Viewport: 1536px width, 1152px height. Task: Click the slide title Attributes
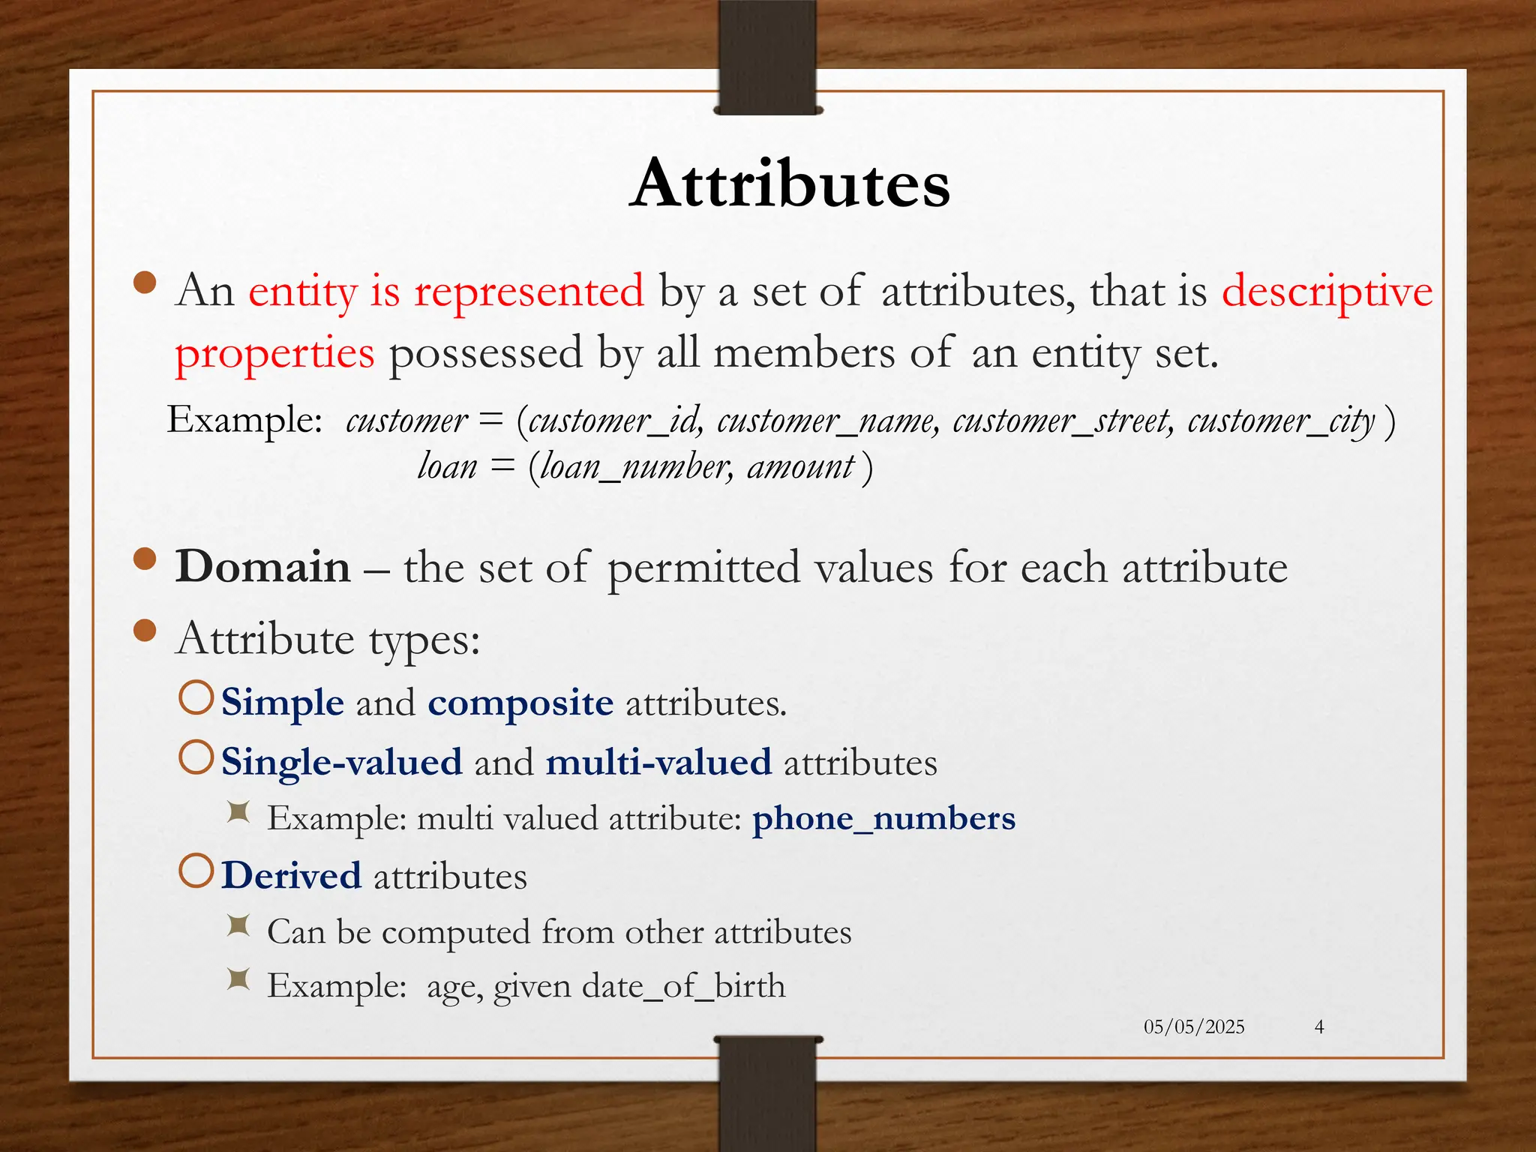[x=790, y=184]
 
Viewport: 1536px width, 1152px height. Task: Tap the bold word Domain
[x=262, y=567]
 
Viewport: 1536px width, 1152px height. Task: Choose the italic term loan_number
[x=634, y=467]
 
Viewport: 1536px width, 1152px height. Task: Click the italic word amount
[x=801, y=467]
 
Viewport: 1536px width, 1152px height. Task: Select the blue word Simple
[x=283, y=703]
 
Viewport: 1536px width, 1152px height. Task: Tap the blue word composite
[x=520, y=703]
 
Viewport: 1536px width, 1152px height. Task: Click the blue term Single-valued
[x=342, y=763]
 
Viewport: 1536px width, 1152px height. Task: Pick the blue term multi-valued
[x=658, y=763]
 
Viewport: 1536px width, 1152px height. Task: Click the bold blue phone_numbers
[x=883, y=818]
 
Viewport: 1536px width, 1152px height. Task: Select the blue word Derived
[x=292, y=876]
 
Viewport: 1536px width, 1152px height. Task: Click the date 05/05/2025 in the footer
[x=1193, y=1027]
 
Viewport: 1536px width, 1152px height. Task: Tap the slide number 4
[x=1319, y=1027]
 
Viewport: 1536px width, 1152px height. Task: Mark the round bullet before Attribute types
[x=145, y=631]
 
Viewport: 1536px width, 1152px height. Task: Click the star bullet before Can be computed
[x=238, y=926]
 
